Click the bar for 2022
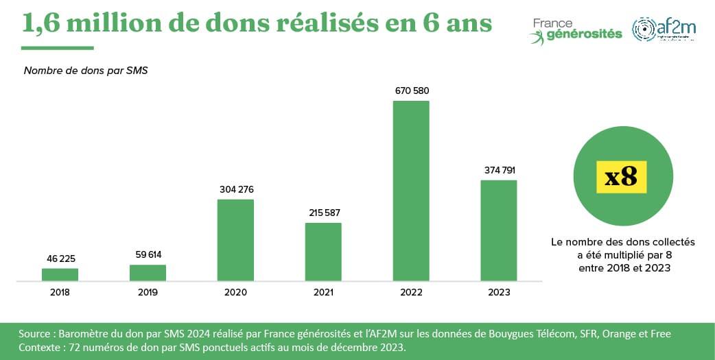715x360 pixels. click(x=411, y=191)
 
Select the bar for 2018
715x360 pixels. click(x=60, y=274)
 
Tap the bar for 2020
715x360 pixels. click(x=235, y=240)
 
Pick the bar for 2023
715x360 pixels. click(x=499, y=230)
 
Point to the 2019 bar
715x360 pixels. click(x=148, y=273)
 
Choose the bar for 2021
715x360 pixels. click(x=323, y=252)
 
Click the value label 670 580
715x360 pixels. click(x=412, y=91)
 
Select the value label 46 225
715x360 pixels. click(x=60, y=259)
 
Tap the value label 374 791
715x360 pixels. click(x=499, y=170)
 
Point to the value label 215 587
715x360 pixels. click(x=323, y=213)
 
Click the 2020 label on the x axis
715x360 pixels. click(x=235, y=292)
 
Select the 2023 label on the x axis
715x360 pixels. click(x=499, y=292)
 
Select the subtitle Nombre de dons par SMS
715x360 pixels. click(x=86, y=71)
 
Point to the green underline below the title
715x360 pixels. click(x=57, y=48)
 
